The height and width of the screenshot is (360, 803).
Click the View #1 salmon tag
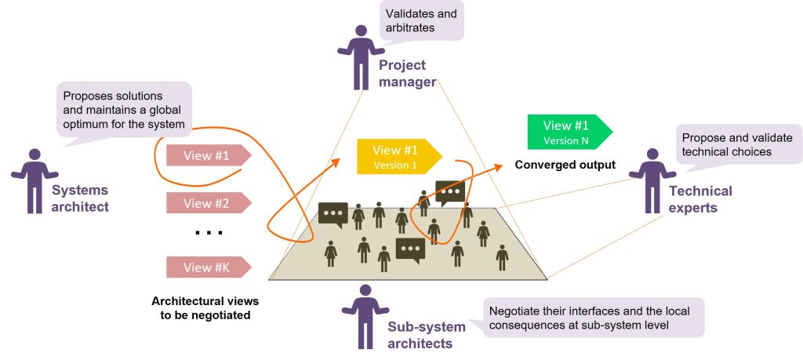[x=206, y=155]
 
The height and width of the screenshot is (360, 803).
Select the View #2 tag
[x=206, y=203]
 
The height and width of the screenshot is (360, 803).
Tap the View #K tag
[x=206, y=267]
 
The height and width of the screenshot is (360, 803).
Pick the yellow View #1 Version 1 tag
[x=396, y=156]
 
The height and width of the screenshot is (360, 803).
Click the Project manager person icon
[x=360, y=56]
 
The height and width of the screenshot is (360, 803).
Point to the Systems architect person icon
[x=32, y=180]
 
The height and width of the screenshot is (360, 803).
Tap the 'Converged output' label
[x=565, y=165]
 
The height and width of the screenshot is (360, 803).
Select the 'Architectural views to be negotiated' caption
[x=205, y=308]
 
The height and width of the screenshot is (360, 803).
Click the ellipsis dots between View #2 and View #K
[x=208, y=233]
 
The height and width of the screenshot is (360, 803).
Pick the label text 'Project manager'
[x=407, y=75]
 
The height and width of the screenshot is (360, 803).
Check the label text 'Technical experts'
[x=700, y=199]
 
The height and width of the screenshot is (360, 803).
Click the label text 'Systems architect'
[x=80, y=198]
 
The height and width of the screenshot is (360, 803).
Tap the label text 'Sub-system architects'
[x=427, y=335]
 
